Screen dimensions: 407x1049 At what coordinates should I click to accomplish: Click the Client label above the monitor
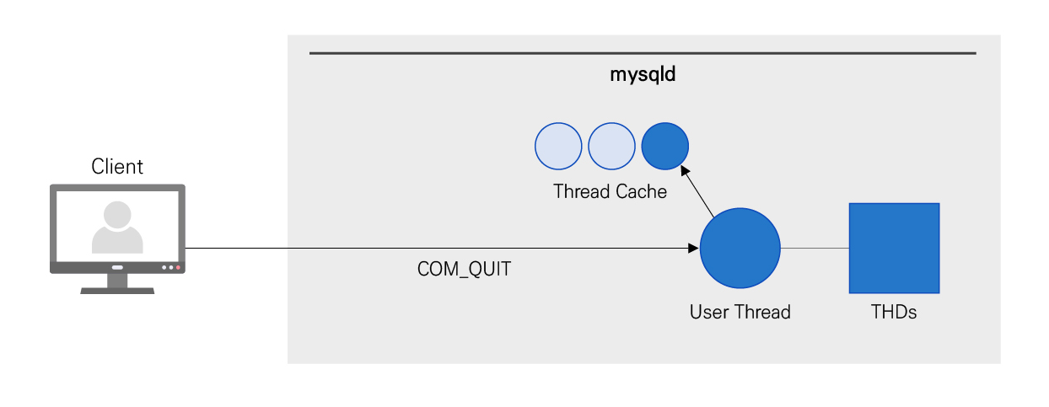(x=117, y=167)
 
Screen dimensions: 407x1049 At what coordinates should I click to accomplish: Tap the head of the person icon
(x=117, y=215)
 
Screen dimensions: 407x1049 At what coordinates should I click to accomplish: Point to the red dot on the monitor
(x=179, y=268)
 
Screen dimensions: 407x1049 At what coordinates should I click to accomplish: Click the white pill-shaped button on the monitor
(x=117, y=268)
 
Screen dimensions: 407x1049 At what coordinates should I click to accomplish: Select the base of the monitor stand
(x=117, y=290)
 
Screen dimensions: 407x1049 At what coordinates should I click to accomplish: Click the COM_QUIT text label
(x=465, y=270)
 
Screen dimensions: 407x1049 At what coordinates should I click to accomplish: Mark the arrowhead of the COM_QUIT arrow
(x=694, y=249)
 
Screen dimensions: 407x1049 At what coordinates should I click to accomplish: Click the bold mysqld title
(x=643, y=75)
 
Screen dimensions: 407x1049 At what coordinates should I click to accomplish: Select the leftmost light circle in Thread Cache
(x=558, y=146)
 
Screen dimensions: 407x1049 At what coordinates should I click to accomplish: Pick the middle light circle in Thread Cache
(x=611, y=146)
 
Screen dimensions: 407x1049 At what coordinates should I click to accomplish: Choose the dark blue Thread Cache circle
(x=665, y=146)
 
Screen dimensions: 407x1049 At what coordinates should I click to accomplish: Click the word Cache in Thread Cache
(x=640, y=192)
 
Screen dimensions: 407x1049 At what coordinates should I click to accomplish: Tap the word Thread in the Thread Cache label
(x=580, y=192)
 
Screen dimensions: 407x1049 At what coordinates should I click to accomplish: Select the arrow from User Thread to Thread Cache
(x=699, y=191)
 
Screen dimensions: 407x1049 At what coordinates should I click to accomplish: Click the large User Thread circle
(x=740, y=249)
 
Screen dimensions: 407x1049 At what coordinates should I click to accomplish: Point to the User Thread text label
(x=740, y=313)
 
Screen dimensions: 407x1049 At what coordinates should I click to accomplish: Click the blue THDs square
(x=894, y=248)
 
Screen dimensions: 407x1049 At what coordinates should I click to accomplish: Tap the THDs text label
(x=894, y=313)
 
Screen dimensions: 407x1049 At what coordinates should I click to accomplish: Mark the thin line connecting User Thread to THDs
(x=815, y=249)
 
